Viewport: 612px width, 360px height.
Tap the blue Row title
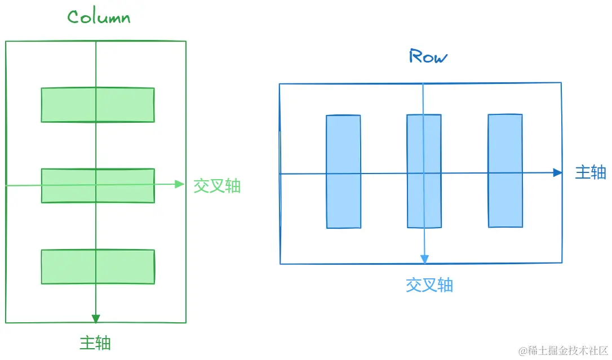coord(428,56)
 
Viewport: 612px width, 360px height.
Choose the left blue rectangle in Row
coord(343,171)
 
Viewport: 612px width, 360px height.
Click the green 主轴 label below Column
coord(95,343)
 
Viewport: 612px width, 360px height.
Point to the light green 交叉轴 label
coord(217,186)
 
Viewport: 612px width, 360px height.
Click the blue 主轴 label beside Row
coord(590,172)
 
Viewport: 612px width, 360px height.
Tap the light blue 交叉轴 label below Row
coord(429,285)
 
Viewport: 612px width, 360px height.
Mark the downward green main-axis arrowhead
coord(96,318)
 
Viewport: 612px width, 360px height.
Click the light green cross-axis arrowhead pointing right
coord(180,184)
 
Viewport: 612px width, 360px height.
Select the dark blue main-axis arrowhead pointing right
coord(557,173)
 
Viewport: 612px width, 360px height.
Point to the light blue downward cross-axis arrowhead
coord(424,259)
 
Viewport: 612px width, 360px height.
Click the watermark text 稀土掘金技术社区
coord(563,350)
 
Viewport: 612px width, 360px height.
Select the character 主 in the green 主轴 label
coord(87,343)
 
